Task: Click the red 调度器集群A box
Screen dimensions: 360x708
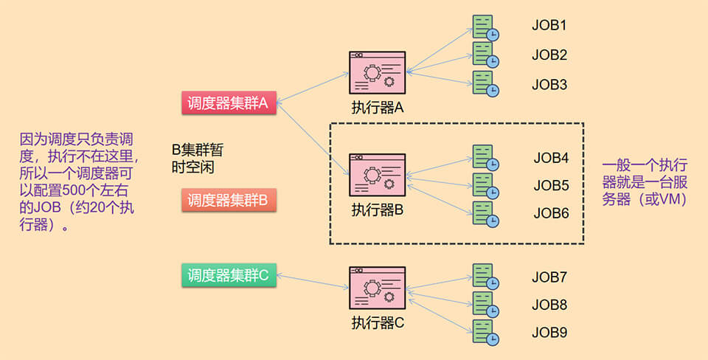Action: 229,103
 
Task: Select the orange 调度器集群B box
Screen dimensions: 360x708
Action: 229,200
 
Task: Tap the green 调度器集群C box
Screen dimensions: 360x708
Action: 229,276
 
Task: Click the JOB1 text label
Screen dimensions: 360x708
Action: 549,26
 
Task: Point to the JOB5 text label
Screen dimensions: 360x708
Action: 551,185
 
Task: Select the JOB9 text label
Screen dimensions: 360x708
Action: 549,333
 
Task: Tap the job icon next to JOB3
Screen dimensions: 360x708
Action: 485,84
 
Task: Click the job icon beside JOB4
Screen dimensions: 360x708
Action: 485,158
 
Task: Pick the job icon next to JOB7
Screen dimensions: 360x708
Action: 485,277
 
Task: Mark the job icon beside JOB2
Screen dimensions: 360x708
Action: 485,55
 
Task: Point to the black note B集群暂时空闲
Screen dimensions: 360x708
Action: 197,158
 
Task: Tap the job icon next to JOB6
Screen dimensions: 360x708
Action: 485,214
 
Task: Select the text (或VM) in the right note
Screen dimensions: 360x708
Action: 661,199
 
